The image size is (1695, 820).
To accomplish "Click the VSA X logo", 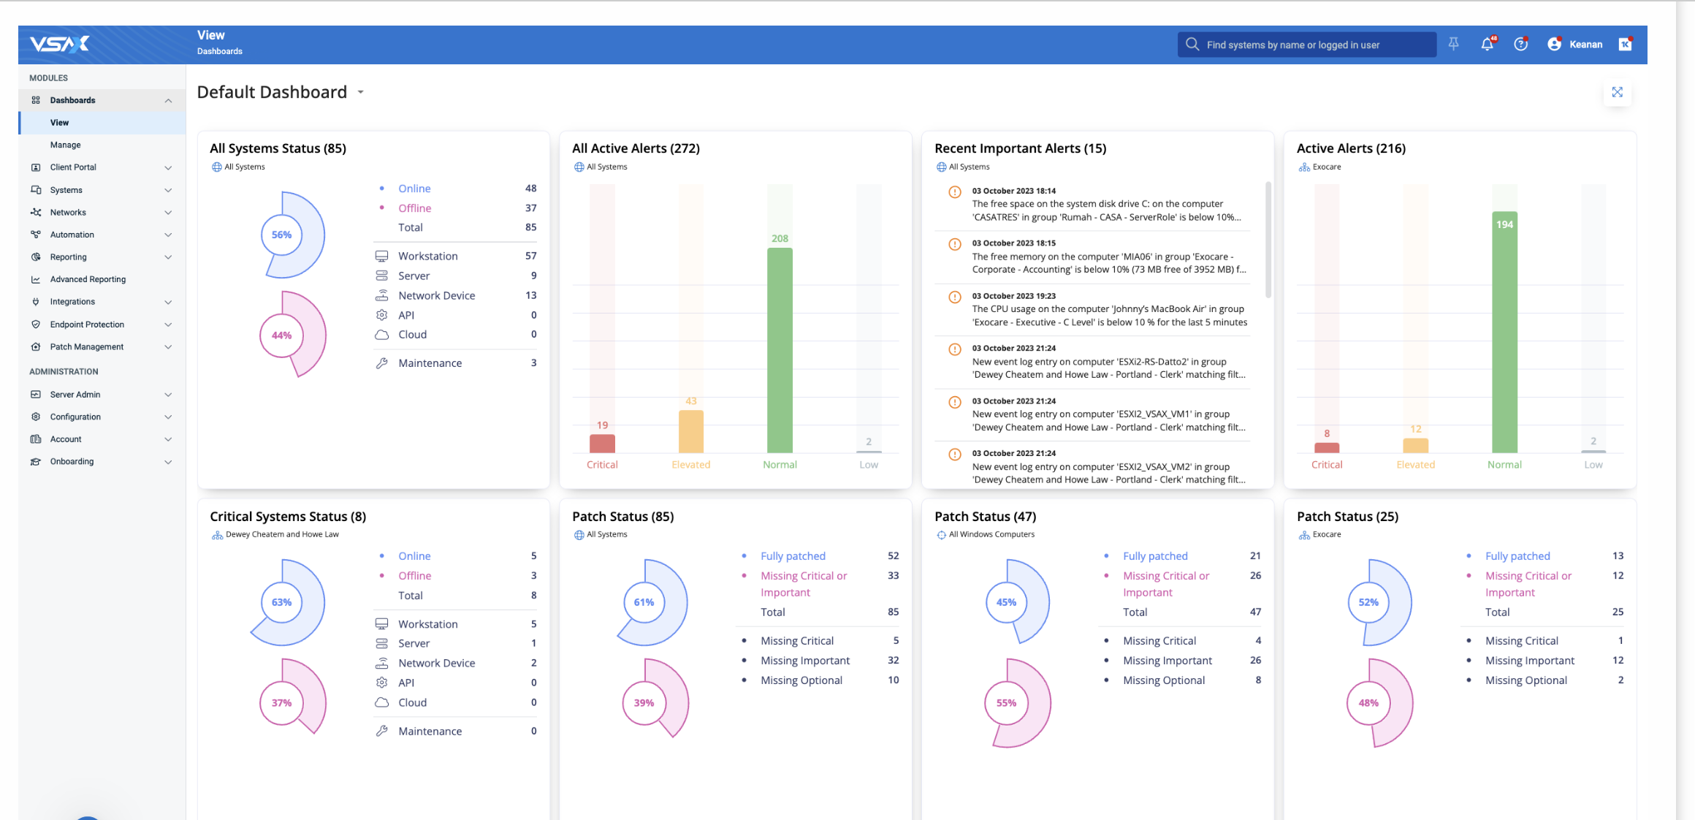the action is [x=59, y=45].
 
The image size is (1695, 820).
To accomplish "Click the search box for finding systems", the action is [x=1306, y=45].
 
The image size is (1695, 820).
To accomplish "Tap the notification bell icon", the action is [x=1487, y=45].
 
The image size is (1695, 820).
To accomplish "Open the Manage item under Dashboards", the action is [x=65, y=145].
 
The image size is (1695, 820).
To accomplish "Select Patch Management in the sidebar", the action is [x=86, y=346].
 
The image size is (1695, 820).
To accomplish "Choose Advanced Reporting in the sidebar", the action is [x=88, y=279].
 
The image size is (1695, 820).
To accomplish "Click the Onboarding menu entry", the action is [x=72, y=461].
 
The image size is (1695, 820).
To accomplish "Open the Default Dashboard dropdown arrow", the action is [x=361, y=92].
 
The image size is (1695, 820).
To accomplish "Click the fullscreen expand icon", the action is [x=1618, y=92].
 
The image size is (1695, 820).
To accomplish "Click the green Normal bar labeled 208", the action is [x=780, y=350].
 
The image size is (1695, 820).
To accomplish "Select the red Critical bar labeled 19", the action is [x=602, y=444].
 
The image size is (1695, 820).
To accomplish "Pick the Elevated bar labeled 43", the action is [x=691, y=431].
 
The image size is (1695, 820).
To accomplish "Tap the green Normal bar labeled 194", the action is [x=1504, y=332].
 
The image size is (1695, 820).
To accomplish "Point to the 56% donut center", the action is [x=281, y=235].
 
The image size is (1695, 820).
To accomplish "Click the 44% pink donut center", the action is [x=281, y=335].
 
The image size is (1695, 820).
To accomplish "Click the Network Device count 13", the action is [x=531, y=295].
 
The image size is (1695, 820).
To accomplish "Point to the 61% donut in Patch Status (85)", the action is [x=644, y=602].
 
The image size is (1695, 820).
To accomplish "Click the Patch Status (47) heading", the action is [x=985, y=516].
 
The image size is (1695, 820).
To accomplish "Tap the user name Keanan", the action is [x=1585, y=45].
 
